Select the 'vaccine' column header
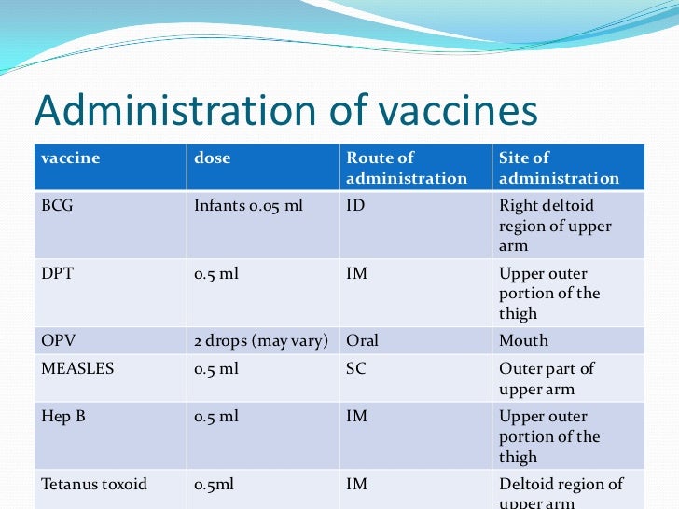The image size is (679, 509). pos(70,158)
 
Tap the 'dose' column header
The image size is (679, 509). pos(212,158)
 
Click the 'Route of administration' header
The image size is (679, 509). pos(406,168)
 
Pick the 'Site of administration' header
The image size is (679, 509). pos(559,168)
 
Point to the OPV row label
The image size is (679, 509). pos(57,341)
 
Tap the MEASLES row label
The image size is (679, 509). pos(77,368)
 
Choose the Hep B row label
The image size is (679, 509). pos(63,417)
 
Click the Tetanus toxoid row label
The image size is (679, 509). pos(94,485)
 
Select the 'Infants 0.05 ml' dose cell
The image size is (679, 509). pos(248,205)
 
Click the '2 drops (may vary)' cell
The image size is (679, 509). pos(260,341)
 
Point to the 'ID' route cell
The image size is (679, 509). pos(355,205)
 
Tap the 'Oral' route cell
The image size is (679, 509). pos(363,341)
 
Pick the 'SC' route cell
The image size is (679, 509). pos(356,368)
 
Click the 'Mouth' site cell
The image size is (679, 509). pos(523,341)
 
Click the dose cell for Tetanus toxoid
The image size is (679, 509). pos(215,485)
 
